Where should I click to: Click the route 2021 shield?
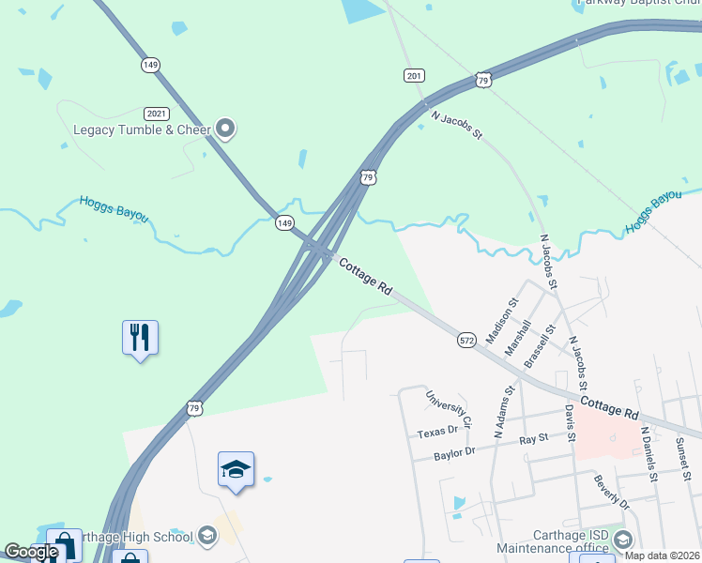coord(157,113)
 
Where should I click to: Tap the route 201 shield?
coord(413,75)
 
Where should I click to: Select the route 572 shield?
coord(466,341)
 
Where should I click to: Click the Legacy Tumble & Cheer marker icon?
coord(225,129)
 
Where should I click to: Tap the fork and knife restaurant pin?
coord(140,337)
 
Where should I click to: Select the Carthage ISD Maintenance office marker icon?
coord(623,539)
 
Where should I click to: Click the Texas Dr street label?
coord(437,432)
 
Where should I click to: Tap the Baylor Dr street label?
coord(456,455)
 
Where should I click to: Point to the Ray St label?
coord(533,439)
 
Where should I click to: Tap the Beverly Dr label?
coord(611,493)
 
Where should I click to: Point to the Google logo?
coord(31,552)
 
